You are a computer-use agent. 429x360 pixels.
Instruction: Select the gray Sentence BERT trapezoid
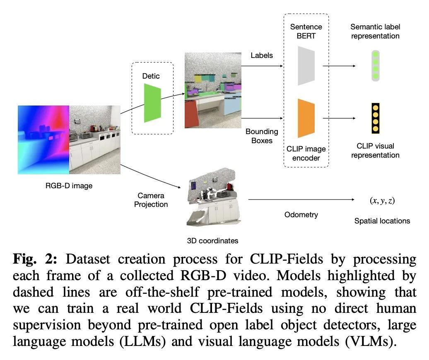(x=306, y=65)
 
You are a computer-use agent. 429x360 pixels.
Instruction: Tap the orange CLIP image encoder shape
(x=306, y=118)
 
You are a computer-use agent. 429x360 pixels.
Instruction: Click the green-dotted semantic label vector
(x=376, y=66)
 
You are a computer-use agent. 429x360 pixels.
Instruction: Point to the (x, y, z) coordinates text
(x=382, y=201)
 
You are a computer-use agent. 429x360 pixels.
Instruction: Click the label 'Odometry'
(x=301, y=215)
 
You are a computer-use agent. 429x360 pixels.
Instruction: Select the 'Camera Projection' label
(x=151, y=200)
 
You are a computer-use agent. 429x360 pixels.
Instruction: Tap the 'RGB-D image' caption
(x=69, y=186)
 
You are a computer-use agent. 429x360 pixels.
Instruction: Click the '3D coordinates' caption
(x=213, y=240)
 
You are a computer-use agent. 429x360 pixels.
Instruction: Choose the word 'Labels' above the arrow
(x=262, y=55)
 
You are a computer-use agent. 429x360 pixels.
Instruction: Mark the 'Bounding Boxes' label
(x=262, y=136)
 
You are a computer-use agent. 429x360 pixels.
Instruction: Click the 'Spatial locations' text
(x=382, y=221)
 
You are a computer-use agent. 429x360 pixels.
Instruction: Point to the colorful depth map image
(x=43, y=139)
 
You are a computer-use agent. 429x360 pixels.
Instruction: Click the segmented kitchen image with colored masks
(x=213, y=90)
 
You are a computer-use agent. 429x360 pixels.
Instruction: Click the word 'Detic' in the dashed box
(x=151, y=76)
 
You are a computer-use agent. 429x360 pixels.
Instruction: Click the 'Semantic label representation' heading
(x=375, y=31)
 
